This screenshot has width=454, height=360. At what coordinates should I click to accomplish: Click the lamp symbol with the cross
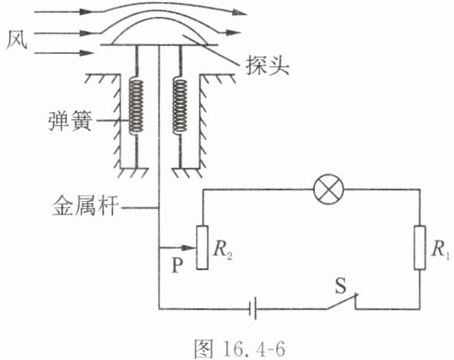[329, 190]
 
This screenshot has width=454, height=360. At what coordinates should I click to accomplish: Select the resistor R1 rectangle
[419, 248]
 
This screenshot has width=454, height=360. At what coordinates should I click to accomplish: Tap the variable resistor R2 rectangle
[202, 248]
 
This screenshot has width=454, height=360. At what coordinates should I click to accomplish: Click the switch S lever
[343, 302]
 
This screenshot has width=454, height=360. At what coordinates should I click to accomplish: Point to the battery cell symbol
[253, 309]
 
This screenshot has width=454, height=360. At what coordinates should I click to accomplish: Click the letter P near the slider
[177, 265]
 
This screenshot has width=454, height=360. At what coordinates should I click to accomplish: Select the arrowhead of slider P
[189, 248]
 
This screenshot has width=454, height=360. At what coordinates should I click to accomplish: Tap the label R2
[222, 250]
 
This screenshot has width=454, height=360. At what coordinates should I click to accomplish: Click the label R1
[440, 250]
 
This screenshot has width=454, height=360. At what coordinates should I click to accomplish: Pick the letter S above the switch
[340, 286]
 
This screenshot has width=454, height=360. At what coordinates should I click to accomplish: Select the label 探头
[267, 65]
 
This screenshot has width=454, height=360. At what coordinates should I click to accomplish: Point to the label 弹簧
[70, 121]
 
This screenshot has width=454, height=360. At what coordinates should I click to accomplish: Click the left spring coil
[136, 106]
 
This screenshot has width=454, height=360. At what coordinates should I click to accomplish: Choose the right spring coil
[180, 106]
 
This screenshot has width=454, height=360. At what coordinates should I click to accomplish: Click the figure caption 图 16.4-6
[239, 348]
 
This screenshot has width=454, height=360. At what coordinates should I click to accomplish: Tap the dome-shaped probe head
[159, 31]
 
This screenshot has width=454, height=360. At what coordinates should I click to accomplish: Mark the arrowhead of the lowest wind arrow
[87, 53]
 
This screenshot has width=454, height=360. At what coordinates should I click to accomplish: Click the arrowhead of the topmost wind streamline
[240, 12]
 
